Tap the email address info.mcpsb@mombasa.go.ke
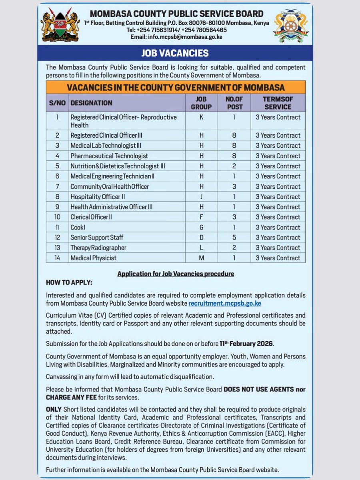[176, 37]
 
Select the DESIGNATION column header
[92, 103]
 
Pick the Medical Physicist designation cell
[94, 258]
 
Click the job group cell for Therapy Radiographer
[202, 248]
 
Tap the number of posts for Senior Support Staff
[234, 238]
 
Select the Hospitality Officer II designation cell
[98, 197]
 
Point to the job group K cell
[202, 118]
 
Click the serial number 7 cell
[57, 186]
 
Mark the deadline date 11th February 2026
[247, 344]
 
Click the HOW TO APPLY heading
[69, 283]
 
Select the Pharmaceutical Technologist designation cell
[109, 156]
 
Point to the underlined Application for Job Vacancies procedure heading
[176, 274]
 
